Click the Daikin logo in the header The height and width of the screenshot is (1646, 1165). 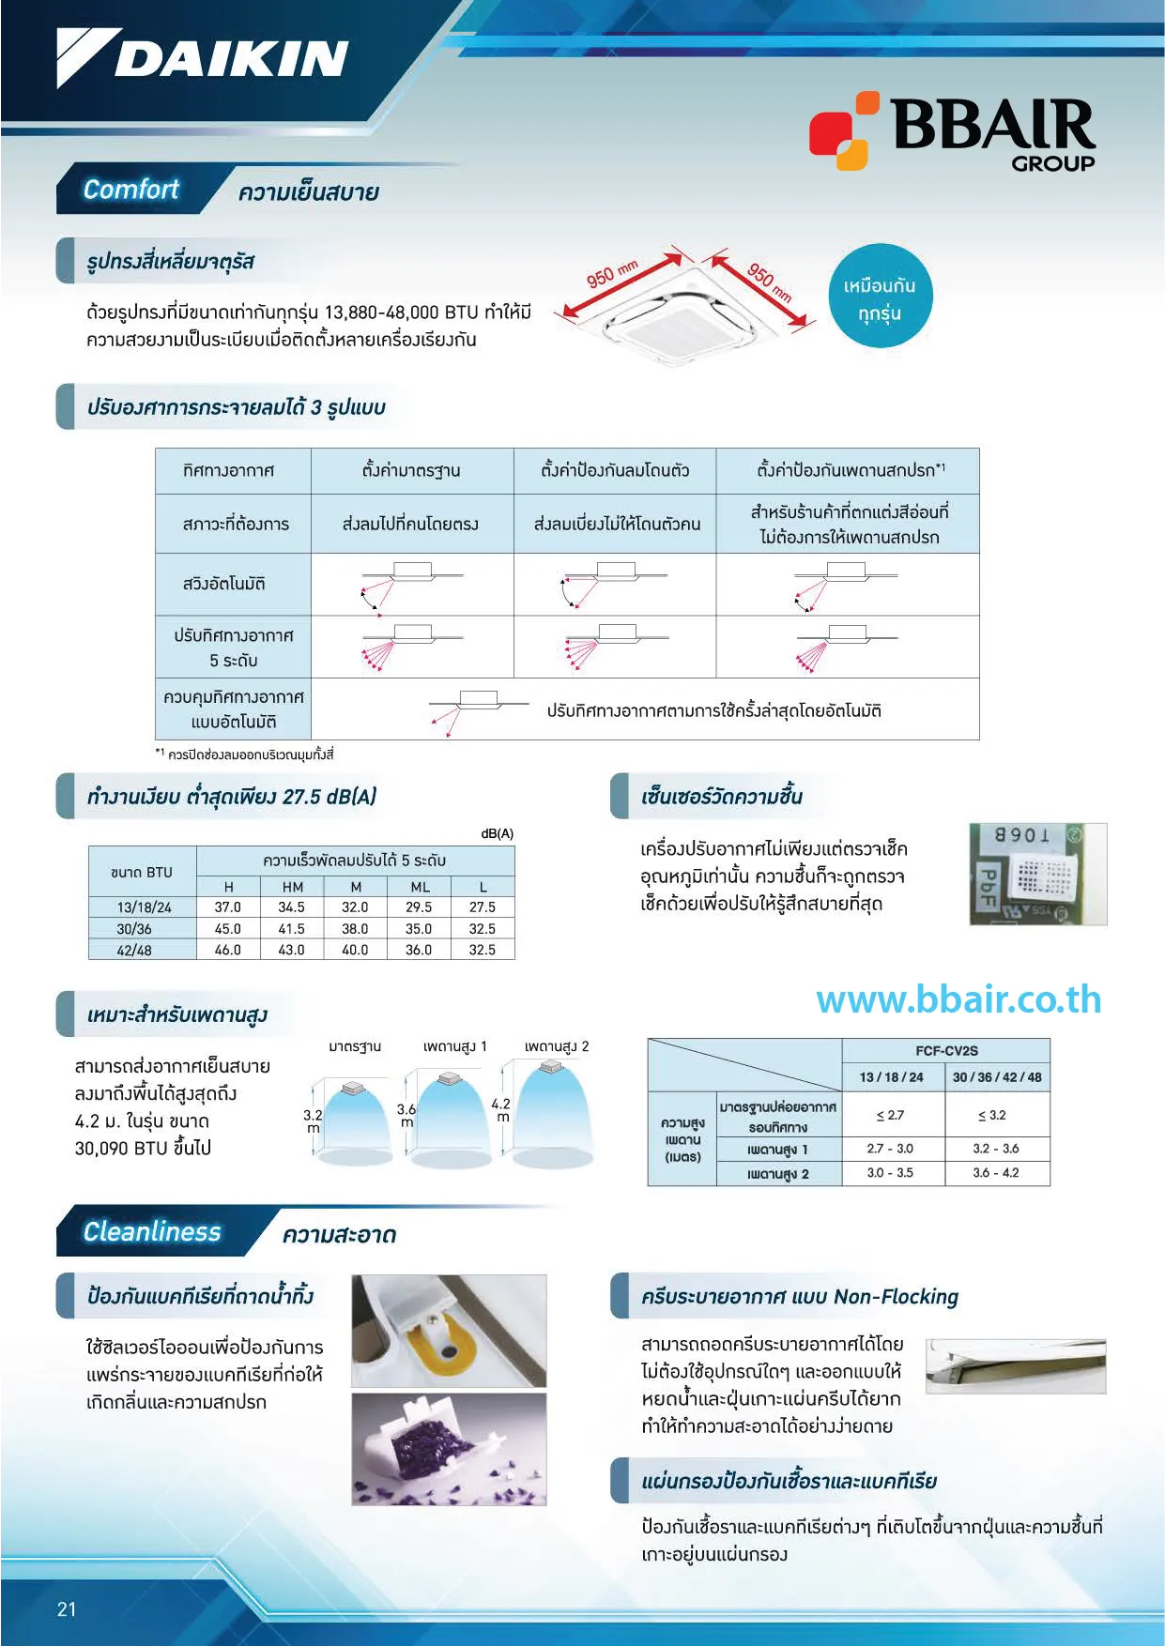click(202, 58)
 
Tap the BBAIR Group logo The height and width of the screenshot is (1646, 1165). click(952, 131)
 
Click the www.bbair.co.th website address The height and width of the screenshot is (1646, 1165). click(958, 1000)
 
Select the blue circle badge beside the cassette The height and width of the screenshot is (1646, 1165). click(880, 297)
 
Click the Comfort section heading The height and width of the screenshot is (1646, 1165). click(131, 190)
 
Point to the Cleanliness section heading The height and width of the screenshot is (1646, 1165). click(152, 1232)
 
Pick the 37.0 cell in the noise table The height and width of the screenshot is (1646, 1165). click(228, 907)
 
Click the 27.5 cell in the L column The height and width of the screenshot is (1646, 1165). click(483, 907)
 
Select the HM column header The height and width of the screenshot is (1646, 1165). click(293, 887)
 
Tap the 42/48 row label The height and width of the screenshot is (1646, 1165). click(134, 950)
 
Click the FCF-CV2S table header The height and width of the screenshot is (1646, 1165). click(945, 1051)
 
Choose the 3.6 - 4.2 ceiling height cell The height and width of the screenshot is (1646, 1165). click(996, 1173)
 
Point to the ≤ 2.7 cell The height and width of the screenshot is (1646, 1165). click(890, 1115)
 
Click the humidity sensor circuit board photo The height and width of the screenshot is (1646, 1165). click(1037, 874)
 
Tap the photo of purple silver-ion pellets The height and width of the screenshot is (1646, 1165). click(449, 1449)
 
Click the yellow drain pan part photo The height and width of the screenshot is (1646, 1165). click(449, 1331)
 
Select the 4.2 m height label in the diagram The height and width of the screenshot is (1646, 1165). click(501, 1110)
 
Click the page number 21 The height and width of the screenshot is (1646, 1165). click(67, 1609)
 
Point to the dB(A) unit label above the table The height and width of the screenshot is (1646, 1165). click(497, 833)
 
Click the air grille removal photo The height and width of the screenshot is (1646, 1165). click(1015, 1365)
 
